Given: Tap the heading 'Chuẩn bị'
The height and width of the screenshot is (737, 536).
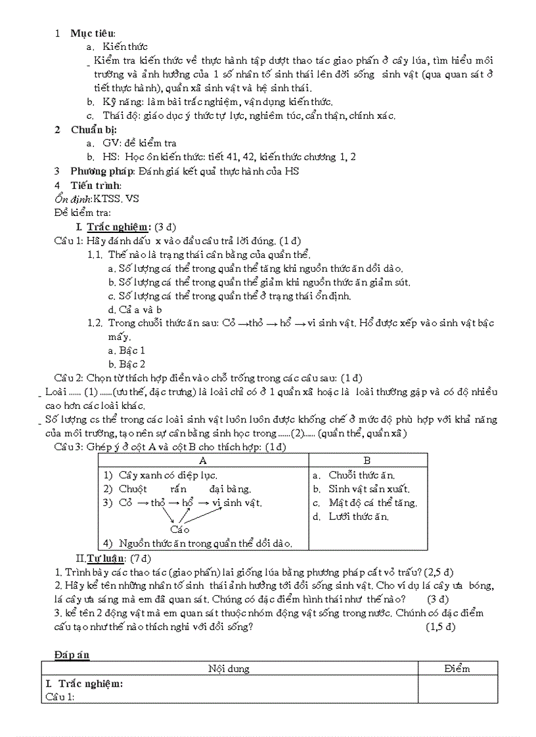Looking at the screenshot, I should click(x=93, y=129).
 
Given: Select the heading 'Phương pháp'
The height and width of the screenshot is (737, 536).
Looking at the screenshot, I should click(x=102, y=171).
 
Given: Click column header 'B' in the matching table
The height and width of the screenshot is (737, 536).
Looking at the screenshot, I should click(x=367, y=461).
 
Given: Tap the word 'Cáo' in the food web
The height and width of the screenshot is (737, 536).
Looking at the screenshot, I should click(x=179, y=530).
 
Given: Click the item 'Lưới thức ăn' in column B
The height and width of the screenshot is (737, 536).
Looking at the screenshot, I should click(x=359, y=516).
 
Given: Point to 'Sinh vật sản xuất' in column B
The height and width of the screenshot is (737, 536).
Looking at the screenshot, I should click(x=368, y=489).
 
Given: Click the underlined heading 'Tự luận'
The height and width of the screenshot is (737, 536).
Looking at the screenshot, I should click(x=107, y=558).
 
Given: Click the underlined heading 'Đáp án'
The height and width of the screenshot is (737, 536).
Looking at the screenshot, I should click(x=72, y=654).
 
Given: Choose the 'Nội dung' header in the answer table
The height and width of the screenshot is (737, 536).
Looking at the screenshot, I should click(x=229, y=669).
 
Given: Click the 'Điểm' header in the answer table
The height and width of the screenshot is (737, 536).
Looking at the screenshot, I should click(x=457, y=669).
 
